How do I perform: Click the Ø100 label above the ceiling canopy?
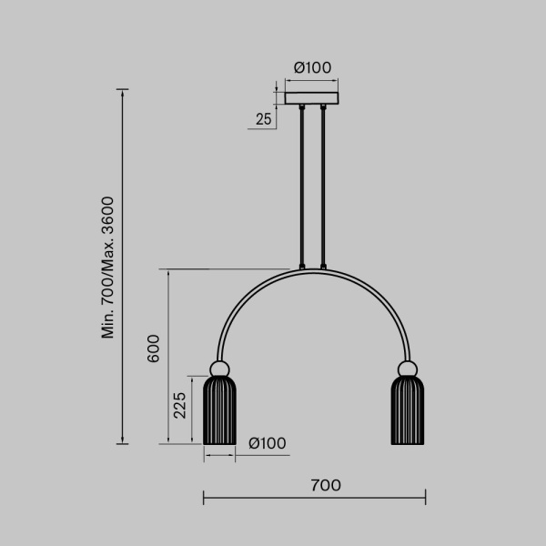pyautogui.click(x=312, y=66)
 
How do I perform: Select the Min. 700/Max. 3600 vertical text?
pyautogui.click(x=108, y=267)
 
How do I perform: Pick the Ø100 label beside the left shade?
pyautogui.click(x=268, y=443)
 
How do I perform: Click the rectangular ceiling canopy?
pyautogui.click(x=312, y=96)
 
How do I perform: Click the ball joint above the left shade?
pyautogui.click(x=219, y=369)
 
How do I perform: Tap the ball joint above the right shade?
pyautogui.click(x=406, y=369)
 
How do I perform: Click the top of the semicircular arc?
pyautogui.click(x=312, y=270)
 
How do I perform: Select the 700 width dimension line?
pyautogui.click(x=314, y=498)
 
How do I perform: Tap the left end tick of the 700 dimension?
pyautogui.click(x=203, y=498)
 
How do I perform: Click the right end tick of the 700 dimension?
pyautogui.click(x=426, y=498)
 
